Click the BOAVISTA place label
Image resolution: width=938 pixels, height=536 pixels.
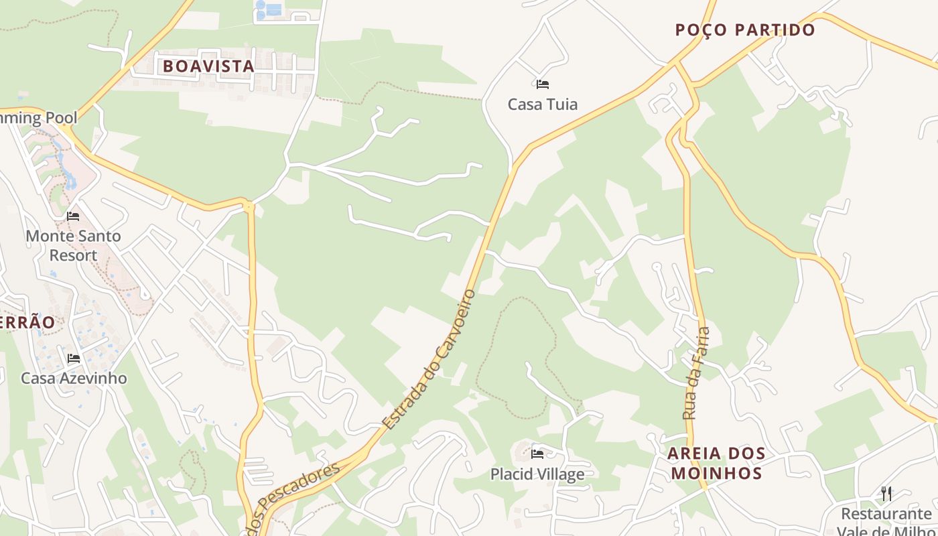pos(208,66)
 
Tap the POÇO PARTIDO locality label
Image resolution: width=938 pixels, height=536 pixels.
pos(744,30)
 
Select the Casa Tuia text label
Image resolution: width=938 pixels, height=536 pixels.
pos(542,105)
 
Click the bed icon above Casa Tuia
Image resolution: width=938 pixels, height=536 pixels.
pos(543,84)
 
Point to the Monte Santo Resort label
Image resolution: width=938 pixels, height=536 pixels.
pos(73,245)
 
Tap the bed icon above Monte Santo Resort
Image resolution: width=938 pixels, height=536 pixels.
pos(73,216)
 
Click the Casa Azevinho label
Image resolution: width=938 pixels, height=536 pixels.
pos(74,378)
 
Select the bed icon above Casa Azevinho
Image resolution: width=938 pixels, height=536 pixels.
pos(74,358)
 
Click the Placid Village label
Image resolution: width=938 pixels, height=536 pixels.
pos(537,474)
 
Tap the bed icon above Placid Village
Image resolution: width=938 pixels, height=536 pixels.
pos(537,454)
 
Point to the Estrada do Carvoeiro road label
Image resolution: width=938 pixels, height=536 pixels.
pos(429,360)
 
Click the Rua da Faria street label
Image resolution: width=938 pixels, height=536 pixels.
pos(695,373)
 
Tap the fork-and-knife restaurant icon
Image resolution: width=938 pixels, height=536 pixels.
pos(886,494)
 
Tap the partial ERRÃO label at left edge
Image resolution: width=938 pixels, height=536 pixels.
pos(27,322)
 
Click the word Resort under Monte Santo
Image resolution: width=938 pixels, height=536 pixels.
pos(73,255)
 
